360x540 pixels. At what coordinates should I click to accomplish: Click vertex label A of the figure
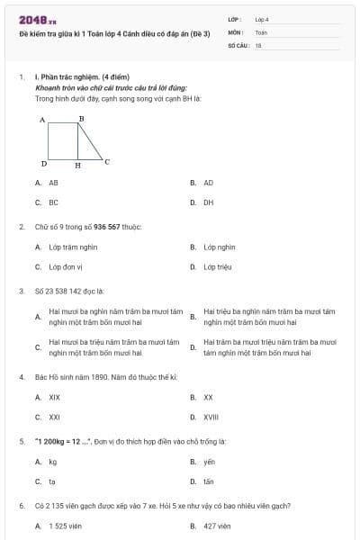(42, 120)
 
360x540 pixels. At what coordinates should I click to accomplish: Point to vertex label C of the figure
(107, 162)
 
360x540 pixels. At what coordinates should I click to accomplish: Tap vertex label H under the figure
(77, 166)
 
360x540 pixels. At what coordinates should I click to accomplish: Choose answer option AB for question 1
(53, 183)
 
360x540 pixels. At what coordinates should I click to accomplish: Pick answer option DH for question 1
(208, 202)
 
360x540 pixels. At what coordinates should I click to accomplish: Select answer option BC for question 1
(53, 202)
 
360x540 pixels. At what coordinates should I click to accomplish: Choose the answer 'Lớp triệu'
(217, 266)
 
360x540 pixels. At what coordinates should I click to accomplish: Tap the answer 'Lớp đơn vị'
(66, 266)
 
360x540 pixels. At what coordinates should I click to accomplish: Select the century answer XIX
(54, 397)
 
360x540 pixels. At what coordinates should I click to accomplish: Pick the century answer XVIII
(210, 417)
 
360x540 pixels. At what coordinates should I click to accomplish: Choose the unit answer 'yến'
(209, 462)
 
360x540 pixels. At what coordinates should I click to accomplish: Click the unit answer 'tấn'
(209, 481)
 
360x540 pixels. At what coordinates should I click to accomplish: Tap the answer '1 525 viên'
(65, 526)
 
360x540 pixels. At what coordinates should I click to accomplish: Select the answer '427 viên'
(217, 526)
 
